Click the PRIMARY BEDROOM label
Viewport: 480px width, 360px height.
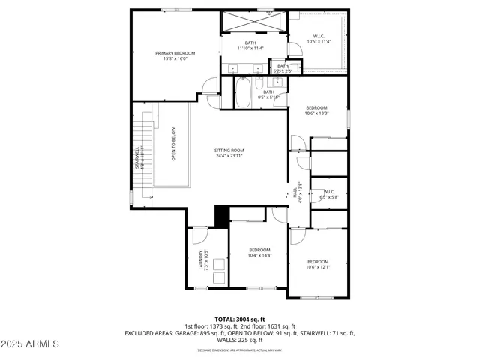175,53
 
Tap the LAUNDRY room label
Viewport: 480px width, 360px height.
201,259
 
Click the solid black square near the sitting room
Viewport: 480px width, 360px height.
222,216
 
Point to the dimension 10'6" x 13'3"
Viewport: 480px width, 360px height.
317,114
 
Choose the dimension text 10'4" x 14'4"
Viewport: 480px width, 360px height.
259,256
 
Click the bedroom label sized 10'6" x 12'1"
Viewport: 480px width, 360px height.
317,261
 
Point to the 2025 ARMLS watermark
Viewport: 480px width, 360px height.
31,343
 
